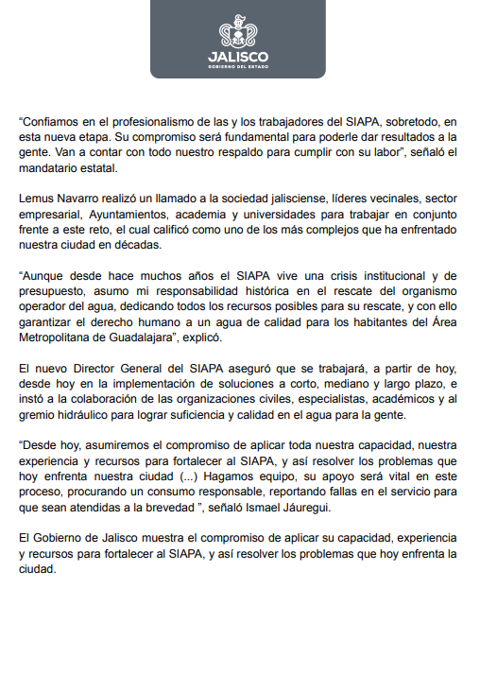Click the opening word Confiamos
point(51,121)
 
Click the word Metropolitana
point(58,336)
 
